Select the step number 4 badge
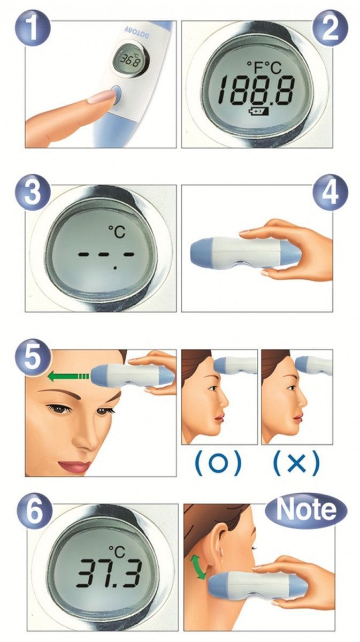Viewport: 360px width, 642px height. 330,194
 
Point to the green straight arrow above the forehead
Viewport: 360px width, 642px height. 67,377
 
